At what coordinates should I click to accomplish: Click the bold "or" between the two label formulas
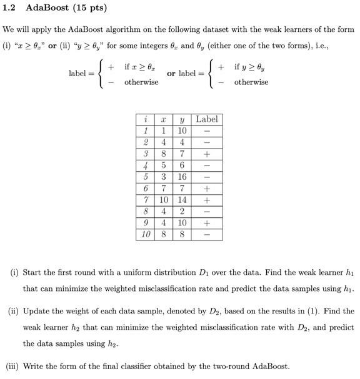tap(173, 74)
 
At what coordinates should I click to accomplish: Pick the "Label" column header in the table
tap(206, 119)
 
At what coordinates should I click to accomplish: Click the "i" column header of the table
tap(145, 119)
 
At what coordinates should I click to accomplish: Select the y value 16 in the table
tap(182, 177)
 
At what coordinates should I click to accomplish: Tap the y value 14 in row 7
tap(182, 200)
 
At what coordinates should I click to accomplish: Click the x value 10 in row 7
tap(163, 200)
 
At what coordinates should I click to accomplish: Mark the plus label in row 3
tap(206, 154)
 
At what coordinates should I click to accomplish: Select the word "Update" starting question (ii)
tap(37, 310)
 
